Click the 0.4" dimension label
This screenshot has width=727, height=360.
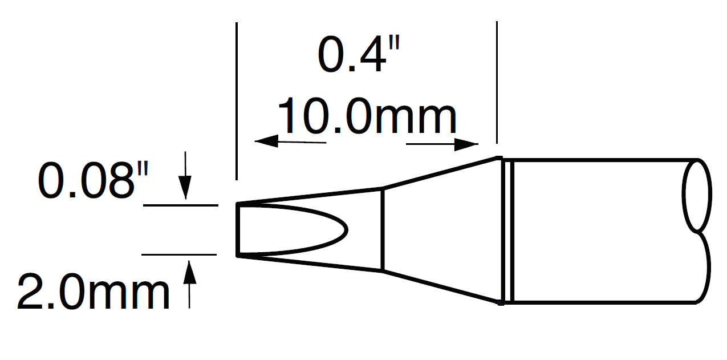356,56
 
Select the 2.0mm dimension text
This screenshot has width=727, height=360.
94,292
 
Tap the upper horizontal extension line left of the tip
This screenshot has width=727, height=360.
180,204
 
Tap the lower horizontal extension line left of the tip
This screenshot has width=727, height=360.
179,254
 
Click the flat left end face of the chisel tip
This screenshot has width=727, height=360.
237,229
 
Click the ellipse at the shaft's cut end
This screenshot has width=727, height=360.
696,195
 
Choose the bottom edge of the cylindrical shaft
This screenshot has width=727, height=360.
604,302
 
